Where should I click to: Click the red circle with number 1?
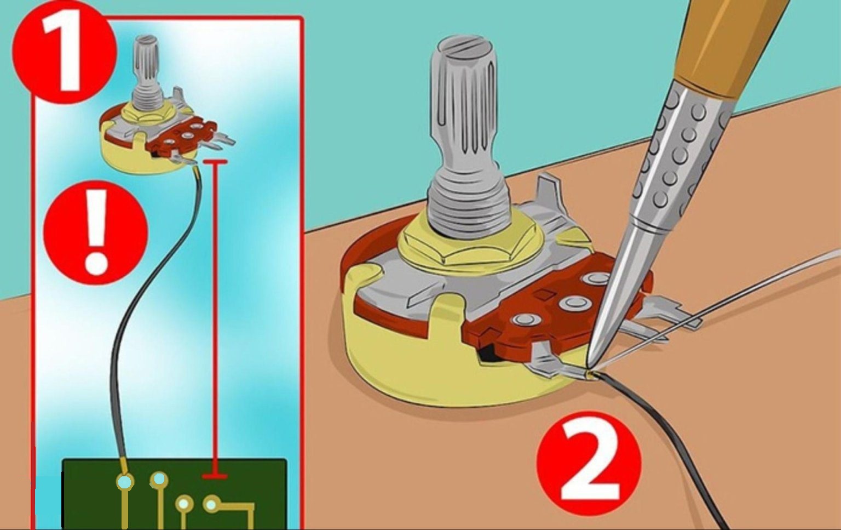coord(64,53)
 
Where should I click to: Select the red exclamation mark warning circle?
coord(96,232)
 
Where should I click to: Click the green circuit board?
coord(174,494)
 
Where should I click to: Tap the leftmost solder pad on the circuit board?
coord(125,481)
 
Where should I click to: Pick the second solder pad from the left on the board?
coord(159,479)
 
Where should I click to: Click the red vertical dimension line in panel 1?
coord(215,320)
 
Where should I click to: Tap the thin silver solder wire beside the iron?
coord(713,308)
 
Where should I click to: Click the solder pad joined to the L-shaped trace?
coord(211,504)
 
